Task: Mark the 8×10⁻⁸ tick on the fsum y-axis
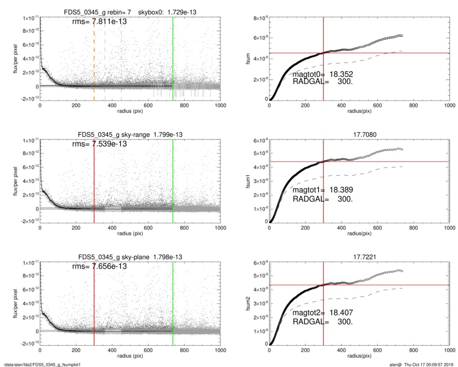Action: click(260, 19)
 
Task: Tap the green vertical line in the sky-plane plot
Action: click(173, 301)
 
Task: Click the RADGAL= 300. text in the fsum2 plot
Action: click(322, 322)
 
